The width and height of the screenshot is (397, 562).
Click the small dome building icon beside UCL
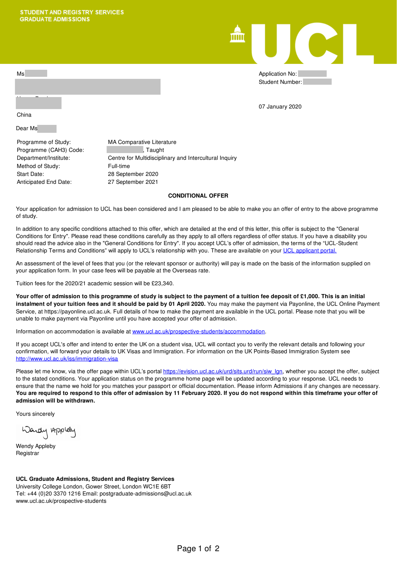click(x=237, y=34)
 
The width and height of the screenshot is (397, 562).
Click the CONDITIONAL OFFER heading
click(x=198, y=196)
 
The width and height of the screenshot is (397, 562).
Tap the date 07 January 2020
click(x=280, y=107)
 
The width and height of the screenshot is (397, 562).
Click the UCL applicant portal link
click(x=310, y=251)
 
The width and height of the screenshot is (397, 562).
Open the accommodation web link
click(x=198, y=332)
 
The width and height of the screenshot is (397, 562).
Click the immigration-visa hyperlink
click(x=67, y=359)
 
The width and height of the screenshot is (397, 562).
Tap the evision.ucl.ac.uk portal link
click(x=223, y=371)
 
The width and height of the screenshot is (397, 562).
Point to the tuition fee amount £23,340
click(x=162, y=283)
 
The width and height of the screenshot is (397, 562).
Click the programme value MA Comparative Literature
click(x=142, y=142)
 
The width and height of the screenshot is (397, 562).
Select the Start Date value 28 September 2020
click(x=133, y=174)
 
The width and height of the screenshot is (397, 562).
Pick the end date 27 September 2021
click(x=133, y=182)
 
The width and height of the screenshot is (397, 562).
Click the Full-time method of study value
click(x=119, y=166)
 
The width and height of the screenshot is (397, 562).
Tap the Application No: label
click(x=277, y=74)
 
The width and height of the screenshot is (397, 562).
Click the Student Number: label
click(x=280, y=82)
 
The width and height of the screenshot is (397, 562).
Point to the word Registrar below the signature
click(x=28, y=453)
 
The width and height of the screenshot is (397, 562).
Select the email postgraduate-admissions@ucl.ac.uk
click(x=145, y=494)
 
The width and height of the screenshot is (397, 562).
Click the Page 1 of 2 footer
click(x=198, y=549)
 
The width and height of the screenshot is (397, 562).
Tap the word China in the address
click(x=24, y=115)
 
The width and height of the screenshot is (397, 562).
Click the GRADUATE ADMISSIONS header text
click(x=55, y=19)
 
